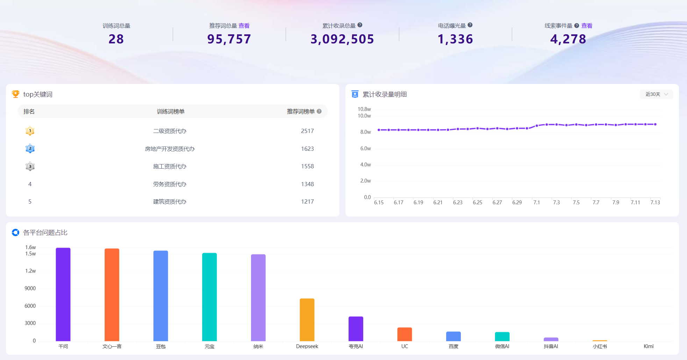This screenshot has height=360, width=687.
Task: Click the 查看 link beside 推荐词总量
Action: pyautogui.click(x=244, y=26)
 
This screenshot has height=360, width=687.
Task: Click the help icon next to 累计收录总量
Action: pyautogui.click(x=360, y=25)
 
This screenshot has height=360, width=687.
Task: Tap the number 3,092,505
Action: pyautogui.click(x=342, y=39)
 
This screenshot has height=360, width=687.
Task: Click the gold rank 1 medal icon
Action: pyautogui.click(x=30, y=131)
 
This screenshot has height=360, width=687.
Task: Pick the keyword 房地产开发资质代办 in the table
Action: pyautogui.click(x=170, y=149)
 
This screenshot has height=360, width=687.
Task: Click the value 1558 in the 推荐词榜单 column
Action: pyautogui.click(x=308, y=166)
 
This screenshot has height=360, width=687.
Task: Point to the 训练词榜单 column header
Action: pyautogui.click(x=171, y=111)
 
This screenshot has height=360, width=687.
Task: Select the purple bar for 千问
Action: pyautogui.click(x=63, y=294)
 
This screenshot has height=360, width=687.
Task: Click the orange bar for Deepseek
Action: pyautogui.click(x=307, y=320)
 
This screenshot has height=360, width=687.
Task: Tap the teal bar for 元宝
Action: pyautogui.click(x=209, y=297)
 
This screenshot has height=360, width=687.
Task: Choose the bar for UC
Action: pyautogui.click(x=405, y=334)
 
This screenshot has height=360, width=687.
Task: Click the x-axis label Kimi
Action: pyautogui.click(x=649, y=346)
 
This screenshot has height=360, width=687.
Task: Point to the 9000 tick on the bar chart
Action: pyautogui.click(x=30, y=288)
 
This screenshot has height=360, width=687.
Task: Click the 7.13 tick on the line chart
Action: pyautogui.click(x=655, y=202)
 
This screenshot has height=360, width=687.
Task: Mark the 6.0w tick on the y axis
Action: pyautogui.click(x=366, y=148)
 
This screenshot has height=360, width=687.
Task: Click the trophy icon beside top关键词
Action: pyautogui.click(x=16, y=94)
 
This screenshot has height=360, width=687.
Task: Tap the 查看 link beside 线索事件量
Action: pyautogui.click(x=587, y=26)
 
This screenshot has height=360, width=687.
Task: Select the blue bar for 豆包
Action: pyautogui.click(x=160, y=296)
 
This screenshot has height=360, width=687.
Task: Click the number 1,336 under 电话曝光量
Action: pyautogui.click(x=456, y=39)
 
